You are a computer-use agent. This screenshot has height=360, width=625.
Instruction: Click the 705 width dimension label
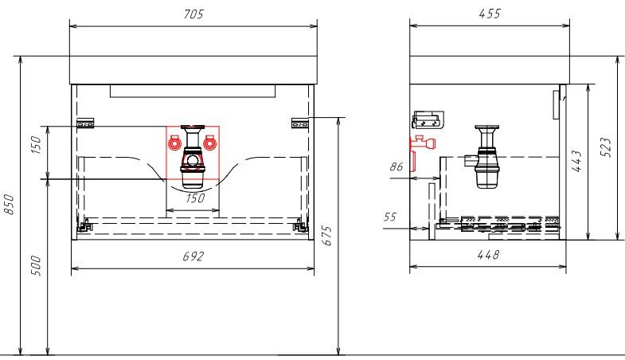pos(193,14)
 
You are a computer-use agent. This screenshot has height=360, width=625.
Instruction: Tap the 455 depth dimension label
pos(490,14)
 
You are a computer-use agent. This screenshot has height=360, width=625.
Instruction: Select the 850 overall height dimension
pos(9,204)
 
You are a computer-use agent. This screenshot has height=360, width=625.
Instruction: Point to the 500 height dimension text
pos(36,266)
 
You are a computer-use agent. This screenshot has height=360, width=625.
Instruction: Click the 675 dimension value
pos(326,236)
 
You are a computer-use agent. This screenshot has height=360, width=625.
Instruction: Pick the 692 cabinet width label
pos(193,256)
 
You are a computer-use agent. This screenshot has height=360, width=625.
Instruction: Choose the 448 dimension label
pos(488,254)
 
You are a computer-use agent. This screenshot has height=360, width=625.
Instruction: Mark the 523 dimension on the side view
pos(605,147)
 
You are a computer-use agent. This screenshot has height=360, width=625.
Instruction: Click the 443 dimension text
pos(576,161)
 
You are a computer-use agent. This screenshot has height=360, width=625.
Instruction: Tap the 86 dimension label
pos(396,166)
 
